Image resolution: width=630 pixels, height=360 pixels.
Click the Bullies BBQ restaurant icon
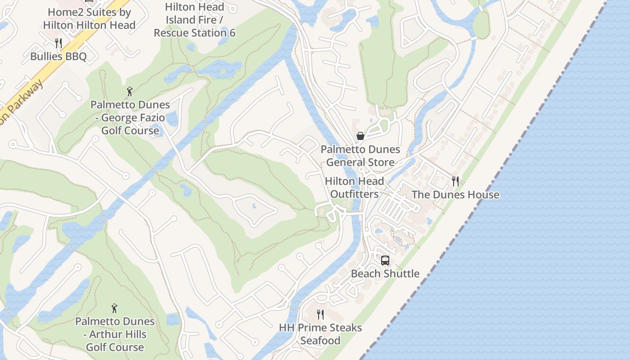click(58, 43)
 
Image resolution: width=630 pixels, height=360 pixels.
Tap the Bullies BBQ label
click(58, 57)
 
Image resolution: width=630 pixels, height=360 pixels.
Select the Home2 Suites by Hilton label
click(89, 18)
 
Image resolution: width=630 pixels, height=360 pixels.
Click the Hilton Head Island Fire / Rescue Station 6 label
click(194, 20)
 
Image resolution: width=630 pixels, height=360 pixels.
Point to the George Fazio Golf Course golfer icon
click(130, 91)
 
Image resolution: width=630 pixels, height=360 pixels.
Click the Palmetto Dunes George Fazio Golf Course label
click(130, 117)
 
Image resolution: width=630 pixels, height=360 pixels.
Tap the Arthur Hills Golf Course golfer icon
click(114, 308)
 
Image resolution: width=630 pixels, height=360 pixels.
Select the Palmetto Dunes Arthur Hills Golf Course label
click(115, 334)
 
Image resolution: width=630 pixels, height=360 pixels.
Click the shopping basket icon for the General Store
click(360, 136)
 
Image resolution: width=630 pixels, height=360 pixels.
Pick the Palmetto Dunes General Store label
click(360, 156)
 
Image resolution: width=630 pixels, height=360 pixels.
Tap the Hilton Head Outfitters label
click(354, 188)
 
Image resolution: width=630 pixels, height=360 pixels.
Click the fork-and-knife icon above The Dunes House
click(455, 181)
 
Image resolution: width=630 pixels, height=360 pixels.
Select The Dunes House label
click(455, 195)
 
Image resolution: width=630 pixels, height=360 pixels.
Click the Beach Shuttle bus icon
click(385, 260)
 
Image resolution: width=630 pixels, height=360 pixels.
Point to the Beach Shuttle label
click(385, 274)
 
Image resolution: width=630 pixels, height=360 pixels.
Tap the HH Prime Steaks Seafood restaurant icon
click(320, 314)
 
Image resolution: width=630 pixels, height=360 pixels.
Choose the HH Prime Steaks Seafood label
click(320, 334)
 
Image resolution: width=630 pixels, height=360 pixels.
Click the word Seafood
click(320, 341)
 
